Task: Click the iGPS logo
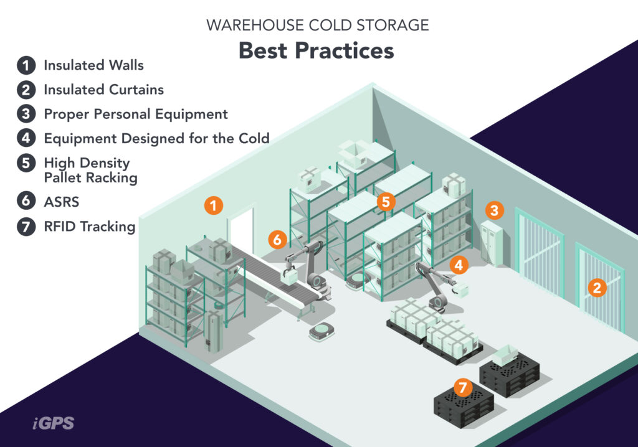[x=53, y=423]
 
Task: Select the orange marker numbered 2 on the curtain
[x=597, y=287]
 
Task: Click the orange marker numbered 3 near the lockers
[x=494, y=210]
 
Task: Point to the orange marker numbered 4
[x=459, y=265]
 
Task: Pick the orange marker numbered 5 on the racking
[x=386, y=201]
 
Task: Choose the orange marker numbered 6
[x=277, y=238]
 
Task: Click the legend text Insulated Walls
[x=93, y=65]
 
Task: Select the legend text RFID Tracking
[x=89, y=227]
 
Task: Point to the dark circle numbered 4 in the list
[x=26, y=138]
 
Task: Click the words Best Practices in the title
[x=316, y=50]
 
